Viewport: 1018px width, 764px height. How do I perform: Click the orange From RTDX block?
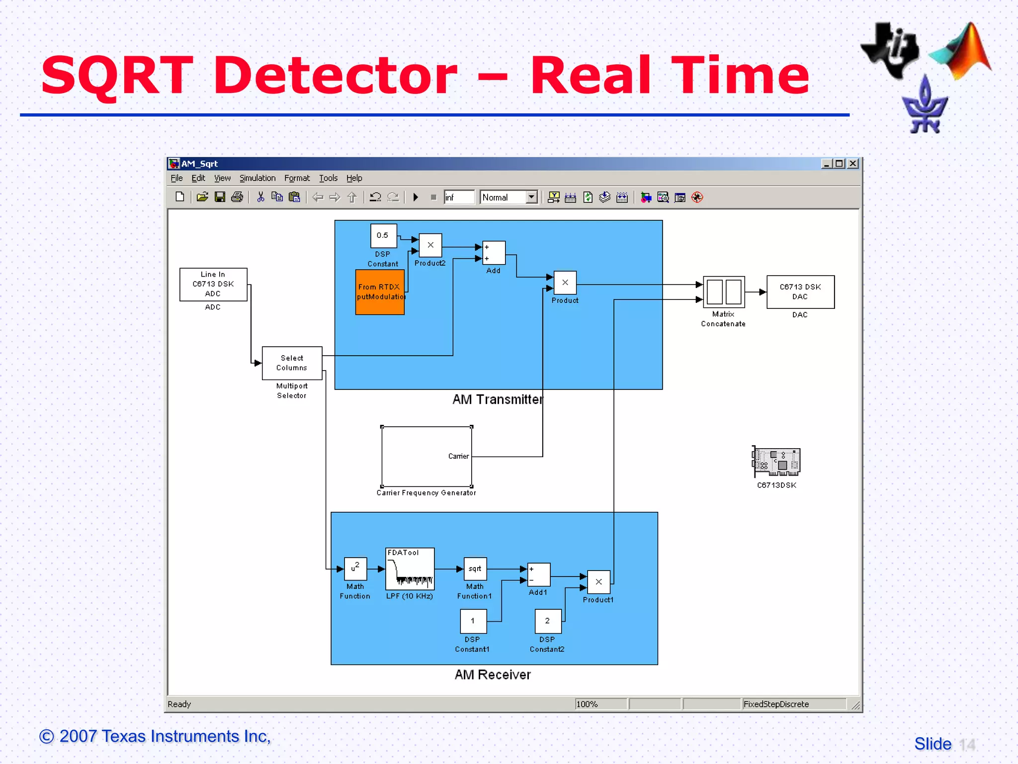[x=380, y=292]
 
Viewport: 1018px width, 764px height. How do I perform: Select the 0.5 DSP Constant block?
[x=383, y=235]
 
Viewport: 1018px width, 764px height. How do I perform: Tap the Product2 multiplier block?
[x=430, y=245]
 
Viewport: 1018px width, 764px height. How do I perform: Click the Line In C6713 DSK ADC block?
[x=213, y=285]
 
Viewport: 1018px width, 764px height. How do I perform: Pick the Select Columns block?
[x=292, y=363]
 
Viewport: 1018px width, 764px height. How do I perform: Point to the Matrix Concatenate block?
[x=724, y=291]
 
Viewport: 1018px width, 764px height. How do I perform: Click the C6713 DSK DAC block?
[x=800, y=292]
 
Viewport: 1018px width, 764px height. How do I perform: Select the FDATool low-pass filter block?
[x=410, y=569]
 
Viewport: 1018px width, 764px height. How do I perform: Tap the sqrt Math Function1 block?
[x=475, y=569]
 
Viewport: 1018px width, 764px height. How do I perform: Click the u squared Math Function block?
[x=355, y=569]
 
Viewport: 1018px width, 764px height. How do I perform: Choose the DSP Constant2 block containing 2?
[x=548, y=621]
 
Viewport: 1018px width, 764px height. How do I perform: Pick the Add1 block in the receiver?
[x=538, y=575]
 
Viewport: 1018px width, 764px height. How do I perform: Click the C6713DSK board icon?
[x=776, y=462]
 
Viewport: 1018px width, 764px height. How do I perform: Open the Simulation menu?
[x=257, y=178]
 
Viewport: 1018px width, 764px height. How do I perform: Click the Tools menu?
[x=328, y=178]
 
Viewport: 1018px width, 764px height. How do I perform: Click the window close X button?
[x=853, y=164]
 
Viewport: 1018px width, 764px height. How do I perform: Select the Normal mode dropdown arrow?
[x=532, y=197]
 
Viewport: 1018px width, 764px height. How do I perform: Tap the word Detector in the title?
[x=336, y=76]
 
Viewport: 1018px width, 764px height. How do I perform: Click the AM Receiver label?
[x=493, y=675]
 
